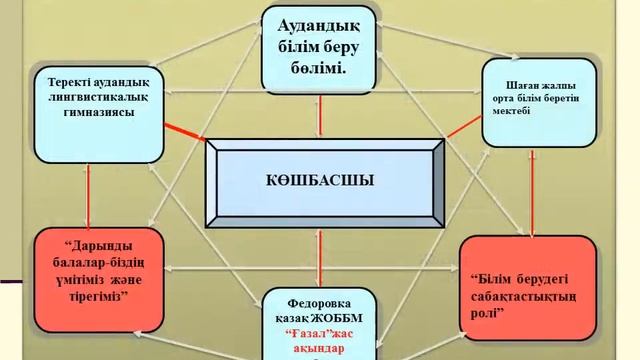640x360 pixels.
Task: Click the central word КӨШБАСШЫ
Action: coord(321,181)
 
